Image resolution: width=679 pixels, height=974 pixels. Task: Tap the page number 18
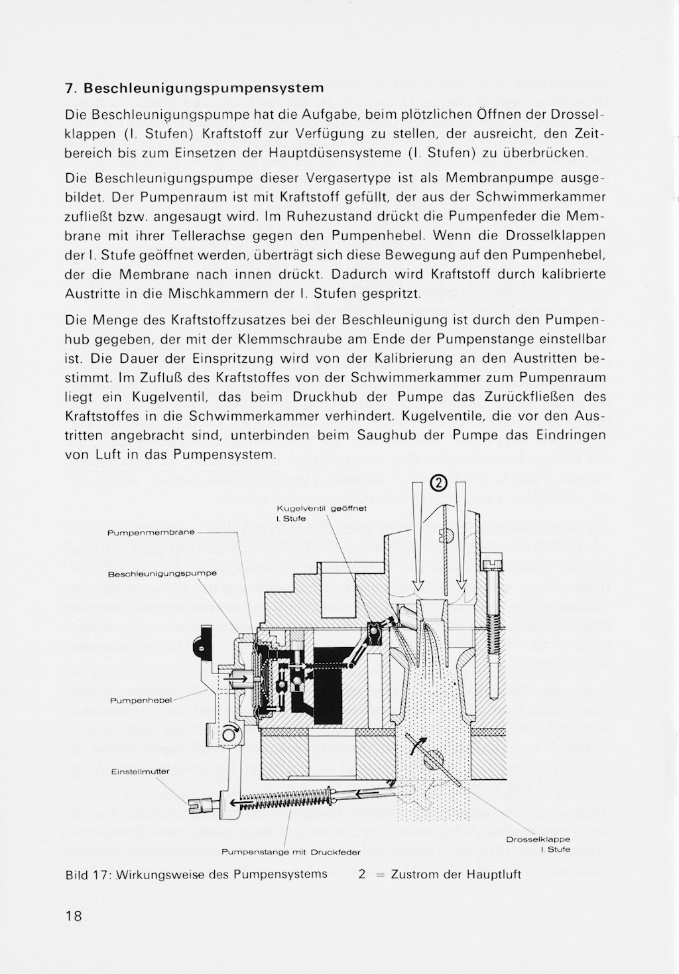[x=74, y=916]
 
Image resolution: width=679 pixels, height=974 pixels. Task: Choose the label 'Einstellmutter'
[x=141, y=771]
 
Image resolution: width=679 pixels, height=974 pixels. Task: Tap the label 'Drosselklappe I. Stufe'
[x=538, y=844]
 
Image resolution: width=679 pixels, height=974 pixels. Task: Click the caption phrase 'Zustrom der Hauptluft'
[x=456, y=874]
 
